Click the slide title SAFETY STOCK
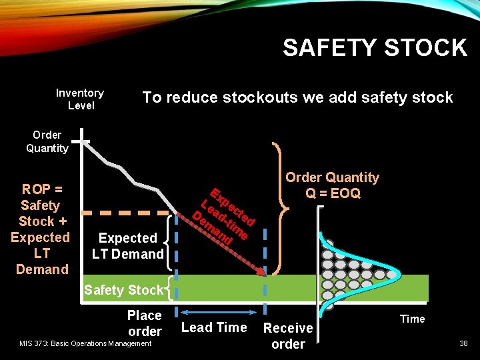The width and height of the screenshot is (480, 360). (375, 48)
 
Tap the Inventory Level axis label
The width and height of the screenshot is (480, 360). (80, 99)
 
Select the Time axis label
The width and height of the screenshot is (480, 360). (412, 319)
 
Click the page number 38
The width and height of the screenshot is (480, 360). (463, 343)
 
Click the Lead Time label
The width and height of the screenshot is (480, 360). (214, 327)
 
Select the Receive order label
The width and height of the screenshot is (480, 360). (288, 336)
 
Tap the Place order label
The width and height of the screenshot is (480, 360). (145, 323)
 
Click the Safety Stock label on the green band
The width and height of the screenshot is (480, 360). (123, 290)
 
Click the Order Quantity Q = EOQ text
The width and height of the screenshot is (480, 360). (332, 185)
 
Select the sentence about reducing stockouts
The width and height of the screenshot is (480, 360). (297, 97)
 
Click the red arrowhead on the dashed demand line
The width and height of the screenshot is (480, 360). (262, 271)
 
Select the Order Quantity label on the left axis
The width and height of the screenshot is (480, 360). (47, 141)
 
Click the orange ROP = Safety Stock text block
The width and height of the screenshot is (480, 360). (40, 229)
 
